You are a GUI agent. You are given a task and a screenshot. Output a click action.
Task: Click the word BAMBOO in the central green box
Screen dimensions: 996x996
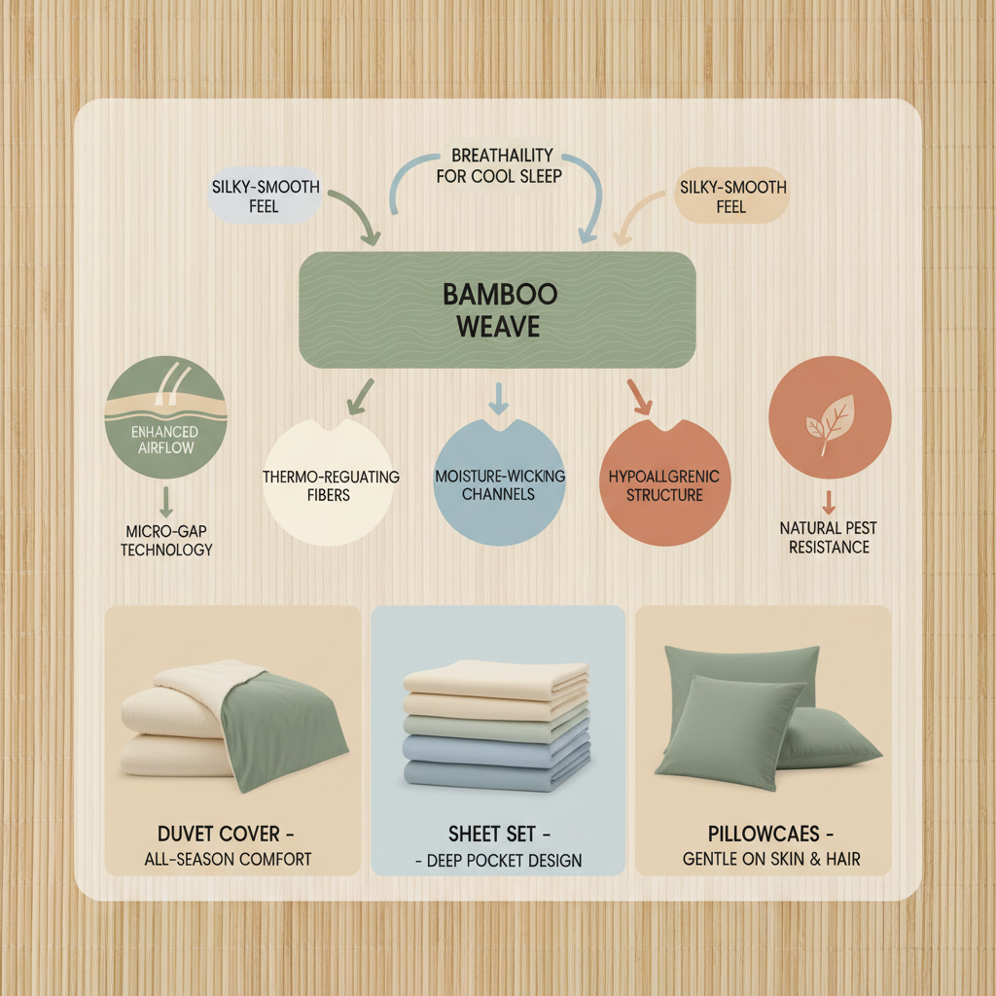tap(497, 292)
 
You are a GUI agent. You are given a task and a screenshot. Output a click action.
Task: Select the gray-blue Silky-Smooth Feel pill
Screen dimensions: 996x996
tap(264, 196)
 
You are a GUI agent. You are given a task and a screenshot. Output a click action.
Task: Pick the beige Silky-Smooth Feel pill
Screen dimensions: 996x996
tap(730, 196)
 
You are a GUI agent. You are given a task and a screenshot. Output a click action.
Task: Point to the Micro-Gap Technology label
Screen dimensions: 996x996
tap(166, 540)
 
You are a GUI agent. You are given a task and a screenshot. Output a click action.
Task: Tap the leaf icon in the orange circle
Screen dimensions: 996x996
tap(829, 421)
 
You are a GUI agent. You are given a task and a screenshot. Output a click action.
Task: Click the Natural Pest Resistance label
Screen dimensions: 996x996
tap(829, 537)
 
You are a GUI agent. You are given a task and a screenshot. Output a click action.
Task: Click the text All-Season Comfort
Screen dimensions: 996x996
tap(230, 860)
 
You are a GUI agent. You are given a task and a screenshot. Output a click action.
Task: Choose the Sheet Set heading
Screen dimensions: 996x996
tap(498, 834)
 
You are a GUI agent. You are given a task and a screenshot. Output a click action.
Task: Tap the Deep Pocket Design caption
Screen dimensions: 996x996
tap(498, 861)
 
